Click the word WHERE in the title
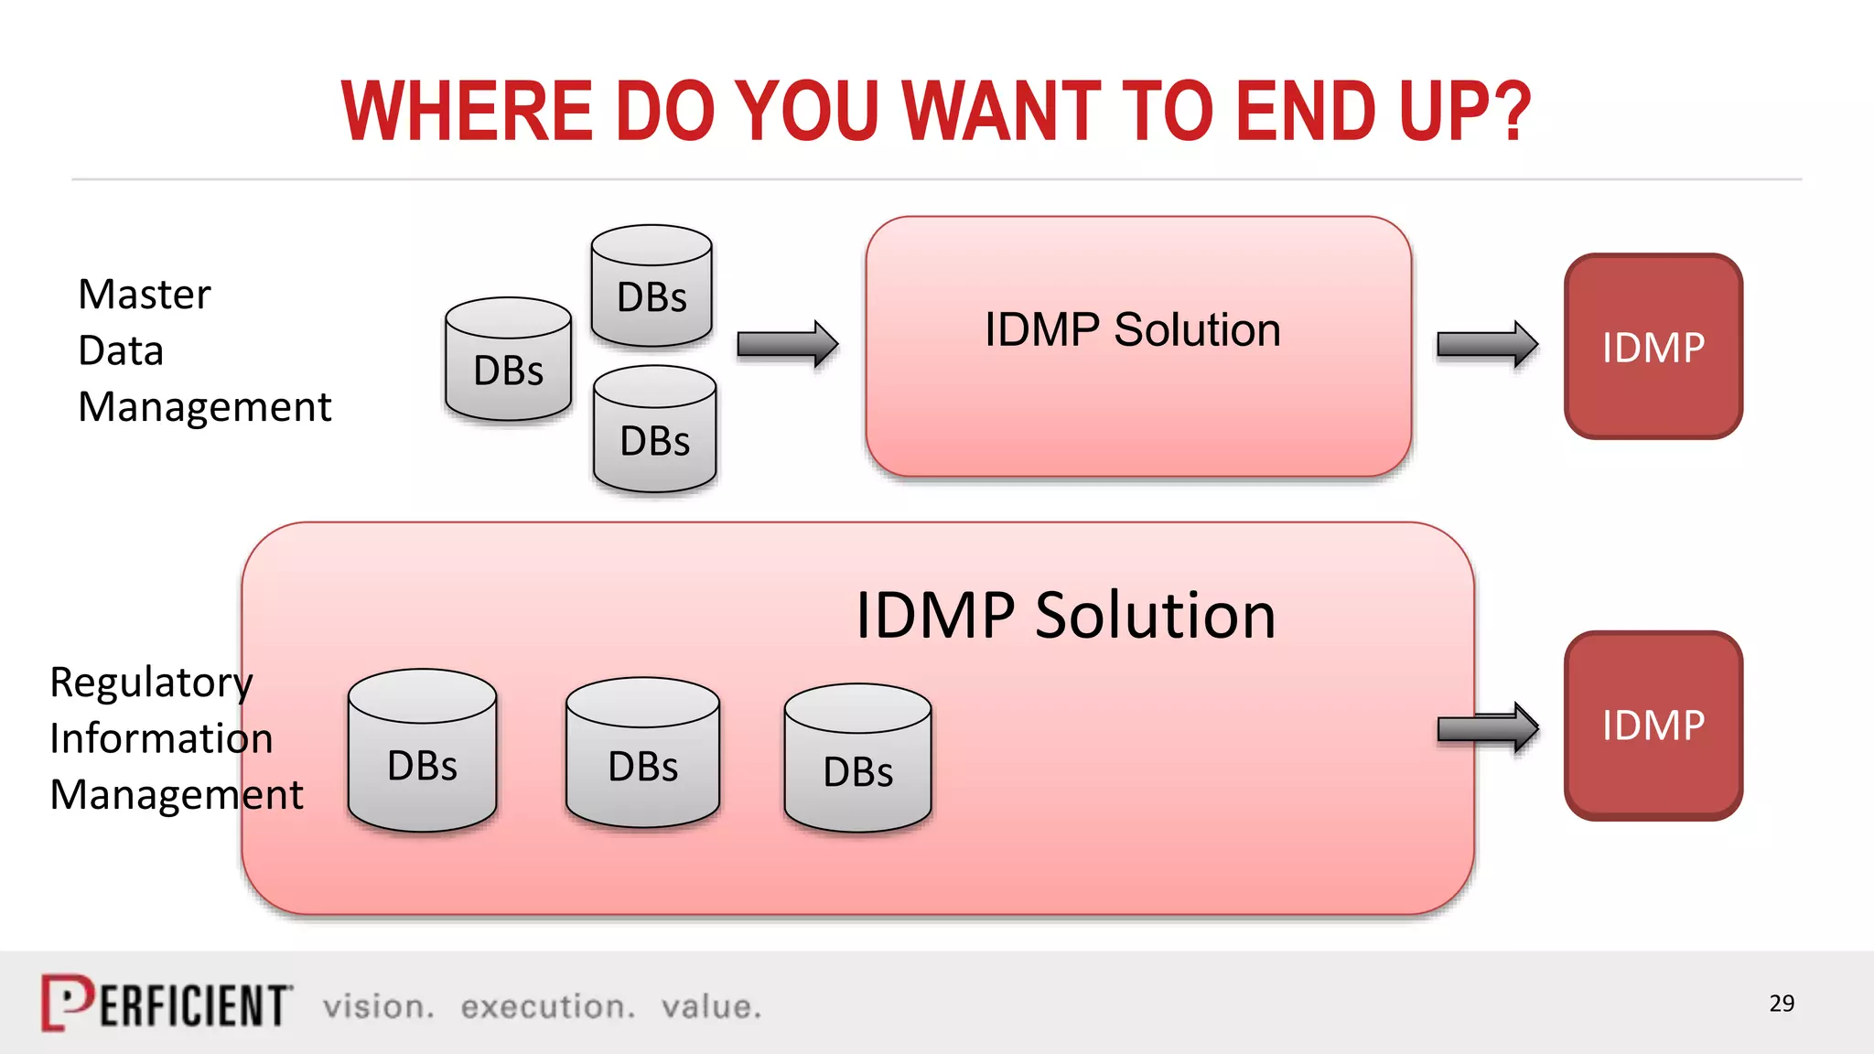[x=467, y=112]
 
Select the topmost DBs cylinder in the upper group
[x=652, y=286]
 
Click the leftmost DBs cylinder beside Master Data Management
[x=508, y=360]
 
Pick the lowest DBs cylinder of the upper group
[x=654, y=430]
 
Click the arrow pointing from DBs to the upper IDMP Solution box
[x=787, y=344]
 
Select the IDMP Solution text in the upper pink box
[x=1132, y=329]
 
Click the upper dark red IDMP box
[x=1653, y=347]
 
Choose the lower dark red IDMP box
[x=1653, y=726]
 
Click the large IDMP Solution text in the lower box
[x=1065, y=615]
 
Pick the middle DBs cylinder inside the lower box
[x=642, y=753]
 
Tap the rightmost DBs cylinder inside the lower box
[x=857, y=758]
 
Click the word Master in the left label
[x=145, y=295]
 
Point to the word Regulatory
[x=151, y=683]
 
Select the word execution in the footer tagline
[x=547, y=1006]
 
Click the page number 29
[x=1781, y=1004]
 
